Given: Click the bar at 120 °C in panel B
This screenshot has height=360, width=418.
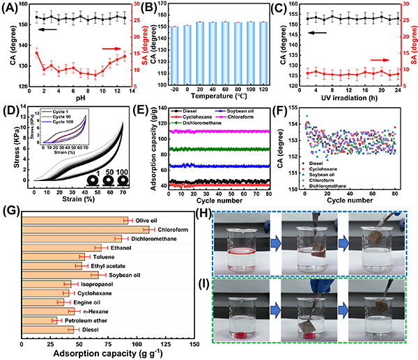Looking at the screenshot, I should pyautogui.click(x=263, y=53).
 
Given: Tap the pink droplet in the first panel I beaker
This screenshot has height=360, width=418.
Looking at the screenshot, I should pyautogui.click(x=238, y=336).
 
